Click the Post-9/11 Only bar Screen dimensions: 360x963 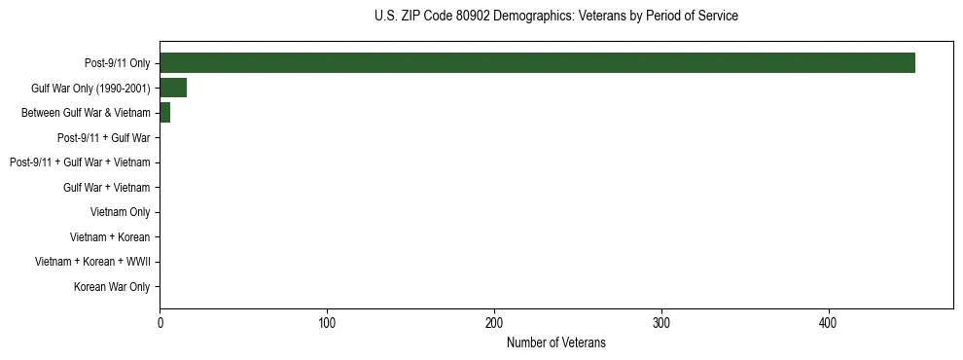click(537, 63)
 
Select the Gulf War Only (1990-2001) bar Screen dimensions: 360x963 click(173, 89)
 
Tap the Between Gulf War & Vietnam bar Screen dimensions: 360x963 click(165, 113)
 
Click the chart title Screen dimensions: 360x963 click(555, 17)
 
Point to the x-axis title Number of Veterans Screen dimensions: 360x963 click(555, 342)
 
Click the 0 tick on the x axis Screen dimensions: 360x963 click(160, 322)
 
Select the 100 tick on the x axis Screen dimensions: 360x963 click(327, 322)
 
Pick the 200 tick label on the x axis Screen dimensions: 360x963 click(494, 322)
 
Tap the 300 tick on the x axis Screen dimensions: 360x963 click(661, 322)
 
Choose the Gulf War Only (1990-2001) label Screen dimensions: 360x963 click(90, 89)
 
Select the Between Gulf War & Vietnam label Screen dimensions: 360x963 click(86, 113)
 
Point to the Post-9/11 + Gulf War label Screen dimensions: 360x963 click(104, 138)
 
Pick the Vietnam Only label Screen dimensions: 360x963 click(120, 212)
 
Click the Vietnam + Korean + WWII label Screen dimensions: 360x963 click(92, 262)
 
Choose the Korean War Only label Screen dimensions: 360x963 click(112, 287)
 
